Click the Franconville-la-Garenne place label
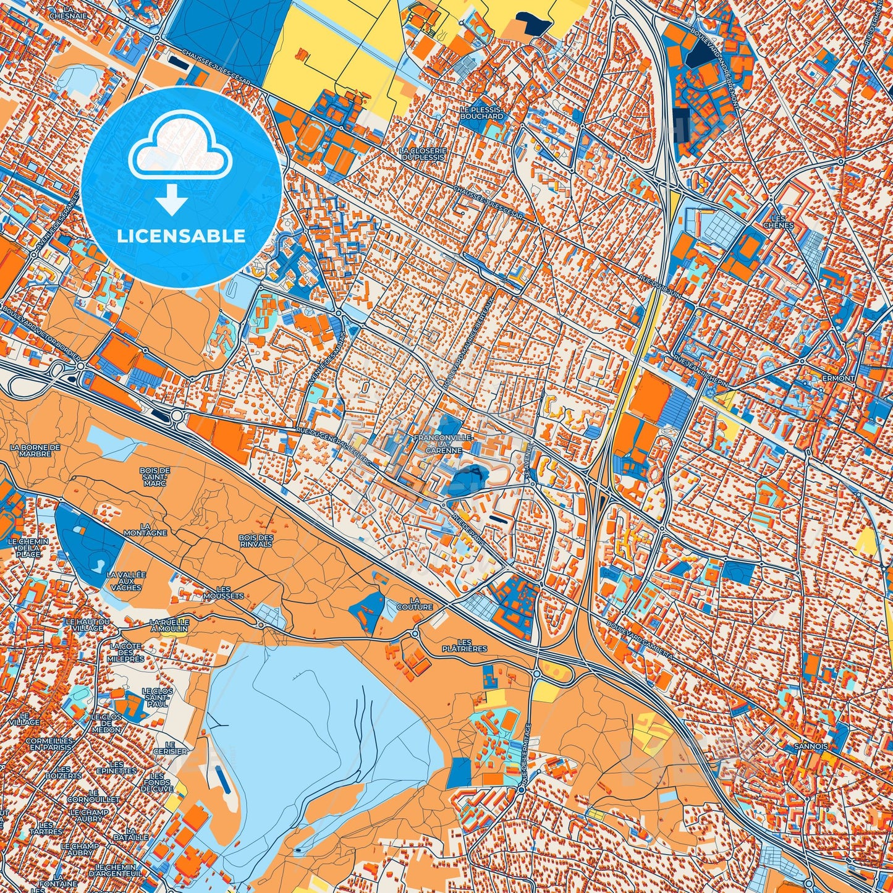tap(443, 444)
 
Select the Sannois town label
tap(811, 746)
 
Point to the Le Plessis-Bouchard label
tap(481, 112)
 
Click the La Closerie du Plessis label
tap(422, 153)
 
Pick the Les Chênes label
tap(774, 221)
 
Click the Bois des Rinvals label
tap(256, 541)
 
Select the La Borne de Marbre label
tap(35, 450)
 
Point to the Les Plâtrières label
tap(465, 645)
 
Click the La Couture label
tap(415, 603)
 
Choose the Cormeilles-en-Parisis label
tap(49, 743)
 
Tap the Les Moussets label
tap(222, 593)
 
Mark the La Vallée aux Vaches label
tap(126, 580)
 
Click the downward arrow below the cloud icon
tap(171, 201)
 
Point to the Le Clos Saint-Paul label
tap(157, 696)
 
